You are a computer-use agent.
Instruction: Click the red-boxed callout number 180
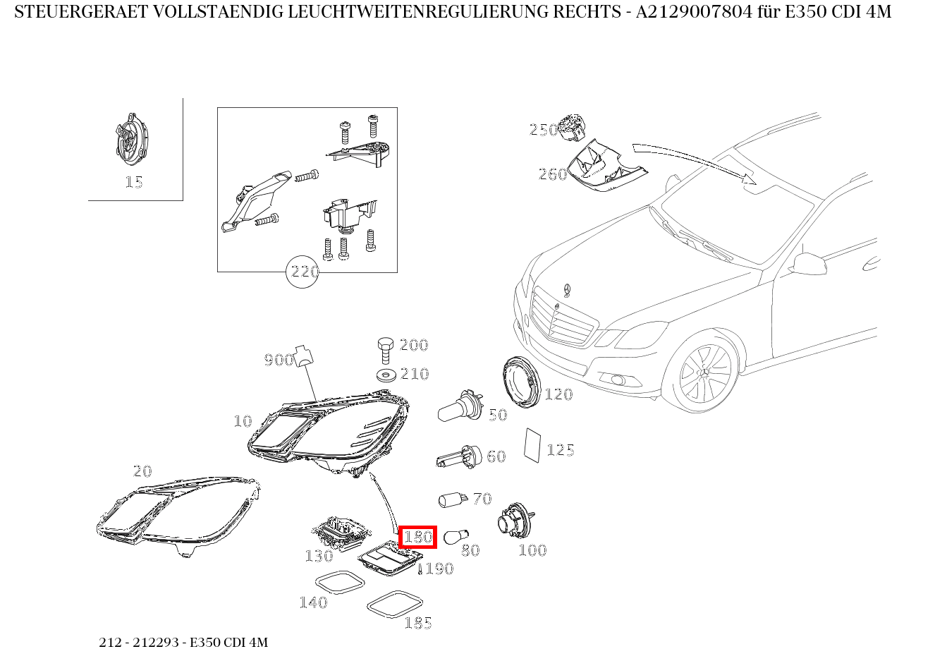click(x=418, y=537)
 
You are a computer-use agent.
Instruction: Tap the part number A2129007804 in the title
click(x=694, y=12)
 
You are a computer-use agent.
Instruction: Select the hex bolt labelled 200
click(x=385, y=350)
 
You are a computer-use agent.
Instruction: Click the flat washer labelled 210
click(x=386, y=375)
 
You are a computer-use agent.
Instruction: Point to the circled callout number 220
click(x=302, y=272)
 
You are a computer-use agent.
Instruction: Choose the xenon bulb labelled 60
click(x=458, y=457)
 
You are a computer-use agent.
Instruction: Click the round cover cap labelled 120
click(x=522, y=382)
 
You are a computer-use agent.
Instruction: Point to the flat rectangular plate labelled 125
click(x=532, y=445)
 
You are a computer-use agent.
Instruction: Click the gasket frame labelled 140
click(x=340, y=581)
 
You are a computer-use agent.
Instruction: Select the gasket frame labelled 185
click(x=395, y=603)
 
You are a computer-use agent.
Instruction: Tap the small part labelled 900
click(x=305, y=356)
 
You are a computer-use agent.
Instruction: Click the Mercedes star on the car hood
click(x=566, y=290)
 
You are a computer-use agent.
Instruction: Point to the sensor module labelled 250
click(x=571, y=127)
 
